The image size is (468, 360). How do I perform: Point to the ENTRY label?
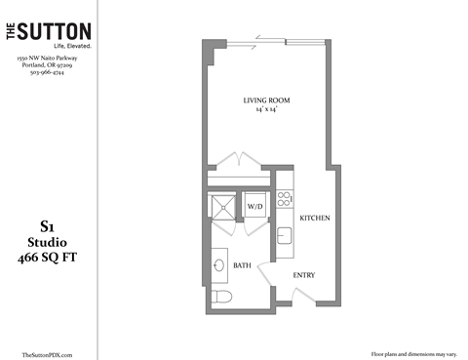pos(304,275)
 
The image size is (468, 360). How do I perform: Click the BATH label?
pos(243,264)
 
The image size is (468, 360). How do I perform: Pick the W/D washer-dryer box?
pos(255,207)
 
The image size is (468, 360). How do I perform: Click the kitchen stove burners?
pos(284,200)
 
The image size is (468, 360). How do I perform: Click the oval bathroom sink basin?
pos(219,264)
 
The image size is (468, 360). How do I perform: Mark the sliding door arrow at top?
pos(261,41)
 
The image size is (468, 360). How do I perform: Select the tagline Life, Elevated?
pos(47,46)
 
